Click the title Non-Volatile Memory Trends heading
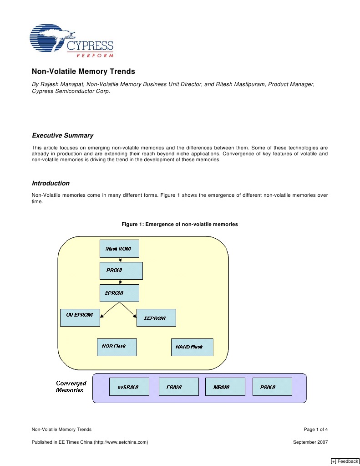83,72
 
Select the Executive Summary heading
62,135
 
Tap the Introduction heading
51,183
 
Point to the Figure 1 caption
179,224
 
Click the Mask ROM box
119,249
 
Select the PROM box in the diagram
121,271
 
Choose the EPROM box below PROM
119,293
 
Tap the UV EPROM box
80,317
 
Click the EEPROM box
156,317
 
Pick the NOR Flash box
117,347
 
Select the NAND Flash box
192,348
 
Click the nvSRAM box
129,387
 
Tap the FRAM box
178,387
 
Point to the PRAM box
272,387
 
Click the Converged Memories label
71,387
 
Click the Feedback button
345,461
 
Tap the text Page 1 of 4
315,429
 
